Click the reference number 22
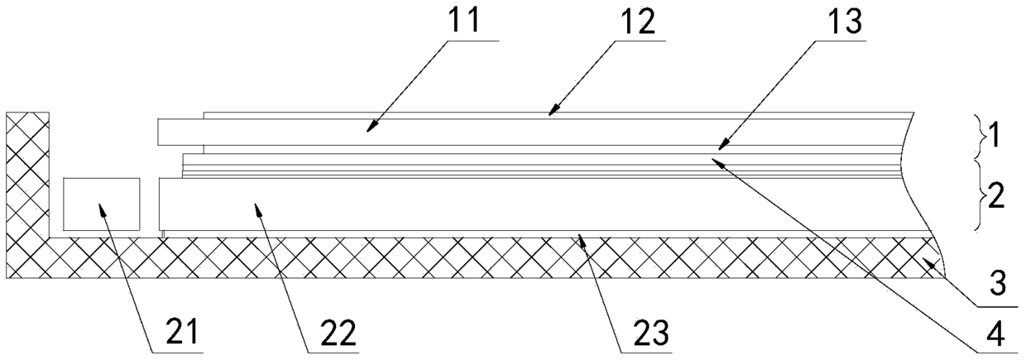[x=333, y=333]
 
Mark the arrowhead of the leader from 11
[x=370, y=129]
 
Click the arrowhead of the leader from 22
[x=259, y=209]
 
